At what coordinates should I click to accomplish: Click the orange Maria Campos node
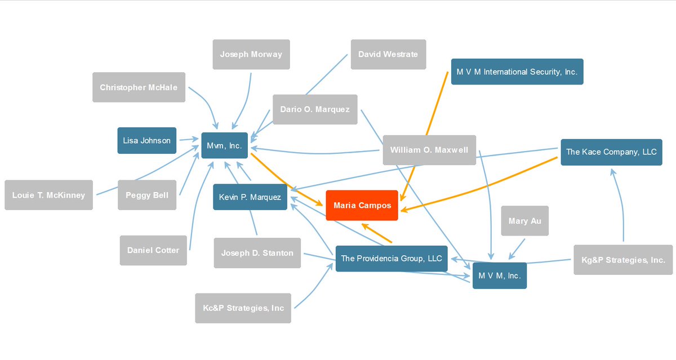(x=362, y=205)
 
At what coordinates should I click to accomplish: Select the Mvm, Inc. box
(x=225, y=145)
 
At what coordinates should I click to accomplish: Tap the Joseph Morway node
(x=251, y=54)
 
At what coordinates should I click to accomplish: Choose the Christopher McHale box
(x=139, y=87)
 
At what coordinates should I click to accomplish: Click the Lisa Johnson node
(x=147, y=141)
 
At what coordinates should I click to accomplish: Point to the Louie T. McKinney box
(x=48, y=195)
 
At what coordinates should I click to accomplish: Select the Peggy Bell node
(x=147, y=195)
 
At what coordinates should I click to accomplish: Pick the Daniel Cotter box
(x=153, y=251)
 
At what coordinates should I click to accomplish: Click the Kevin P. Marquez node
(x=250, y=197)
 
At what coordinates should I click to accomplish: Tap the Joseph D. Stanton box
(x=257, y=253)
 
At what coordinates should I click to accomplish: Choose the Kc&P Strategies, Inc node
(x=243, y=308)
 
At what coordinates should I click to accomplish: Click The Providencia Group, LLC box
(x=392, y=259)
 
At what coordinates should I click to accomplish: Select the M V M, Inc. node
(x=500, y=276)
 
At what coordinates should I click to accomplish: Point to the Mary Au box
(x=525, y=221)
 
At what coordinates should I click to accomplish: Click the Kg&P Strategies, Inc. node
(x=623, y=260)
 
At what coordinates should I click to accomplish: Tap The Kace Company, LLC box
(x=612, y=152)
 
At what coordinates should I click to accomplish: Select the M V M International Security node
(x=517, y=72)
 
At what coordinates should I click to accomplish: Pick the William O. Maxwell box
(x=429, y=150)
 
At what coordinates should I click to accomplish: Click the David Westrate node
(x=388, y=54)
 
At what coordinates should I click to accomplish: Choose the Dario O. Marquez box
(x=315, y=109)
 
